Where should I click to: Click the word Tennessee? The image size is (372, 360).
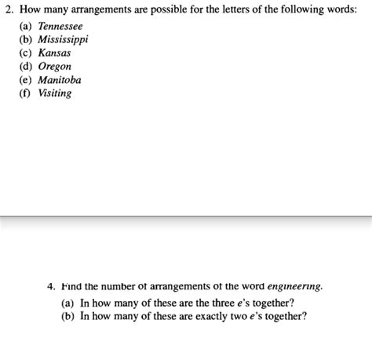60,26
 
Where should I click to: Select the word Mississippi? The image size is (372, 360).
64,39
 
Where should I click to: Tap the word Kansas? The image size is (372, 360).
54,53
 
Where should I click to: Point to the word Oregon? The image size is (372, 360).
55,66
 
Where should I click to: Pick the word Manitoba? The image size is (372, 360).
60,79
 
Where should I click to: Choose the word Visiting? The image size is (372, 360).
55,93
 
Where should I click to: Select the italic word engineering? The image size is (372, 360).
294,286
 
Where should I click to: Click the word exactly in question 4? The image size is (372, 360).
210,316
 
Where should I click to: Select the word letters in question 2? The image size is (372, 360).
221,10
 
